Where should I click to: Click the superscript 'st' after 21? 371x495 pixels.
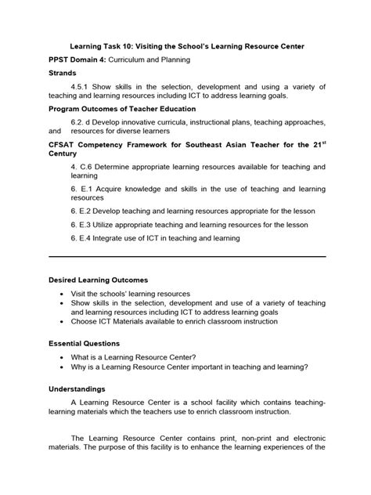click(319, 143)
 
